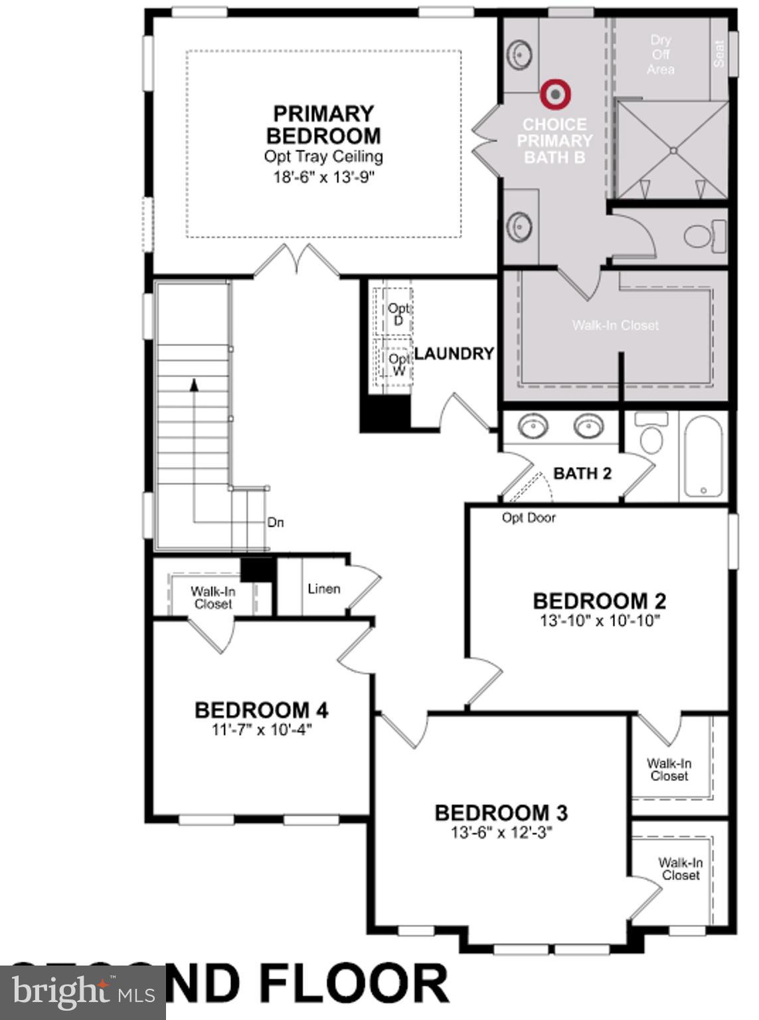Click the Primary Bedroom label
(x=323, y=124)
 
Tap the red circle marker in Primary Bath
(x=554, y=94)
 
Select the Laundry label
(x=454, y=353)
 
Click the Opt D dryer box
(x=397, y=313)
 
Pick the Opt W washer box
(x=398, y=364)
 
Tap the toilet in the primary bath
(x=703, y=236)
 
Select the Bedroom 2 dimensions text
(x=599, y=621)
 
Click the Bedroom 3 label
(x=501, y=813)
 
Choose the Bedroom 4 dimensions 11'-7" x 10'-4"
(x=261, y=730)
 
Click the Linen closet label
(x=324, y=589)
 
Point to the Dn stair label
(x=276, y=523)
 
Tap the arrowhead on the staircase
(x=194, y=384)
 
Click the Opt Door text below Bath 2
(x=529, y=517)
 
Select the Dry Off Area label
(x=660, y=54)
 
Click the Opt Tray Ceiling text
(x=323, y=157)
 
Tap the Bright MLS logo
(x=82, y=993)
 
